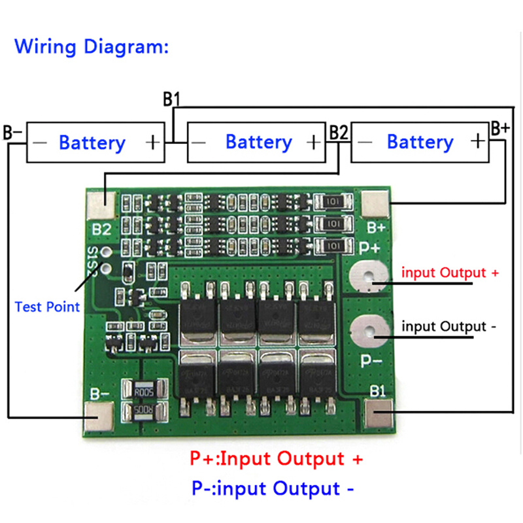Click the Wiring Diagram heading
[x=92, y=47]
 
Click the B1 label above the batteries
[x=171, y=99]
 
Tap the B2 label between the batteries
[x=339, y=132]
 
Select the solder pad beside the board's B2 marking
[x=102, y=204]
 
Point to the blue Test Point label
[x=47, y=306]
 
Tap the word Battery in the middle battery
[x=258, y=142]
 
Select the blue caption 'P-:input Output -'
[x=275, y=488]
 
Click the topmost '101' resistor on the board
[x=332, y=202]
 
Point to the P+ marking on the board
[x=370, y=248]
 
